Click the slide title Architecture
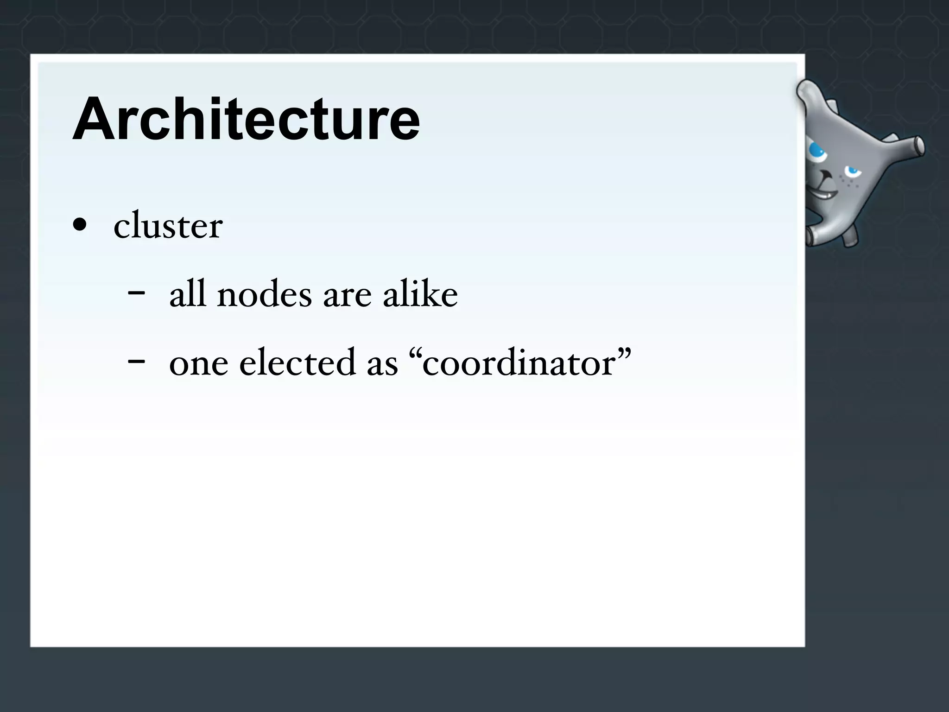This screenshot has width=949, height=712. coord(246,120)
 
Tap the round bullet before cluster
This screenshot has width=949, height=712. coord(80,225)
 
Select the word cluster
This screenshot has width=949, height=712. coord(168,226)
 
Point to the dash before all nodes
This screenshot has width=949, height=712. coord(136,293)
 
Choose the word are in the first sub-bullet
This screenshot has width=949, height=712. coord(347,297)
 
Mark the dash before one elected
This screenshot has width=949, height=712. coord(136,361)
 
